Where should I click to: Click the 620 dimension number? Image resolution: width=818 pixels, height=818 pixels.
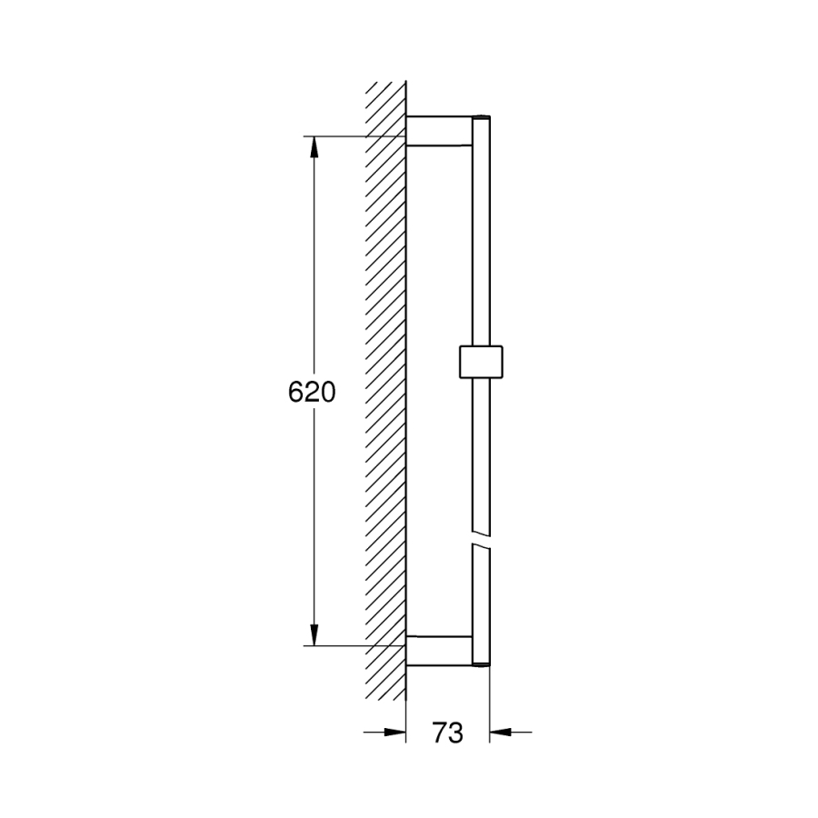(x=312, y=392)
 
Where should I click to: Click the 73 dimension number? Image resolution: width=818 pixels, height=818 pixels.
(x=447, y=733)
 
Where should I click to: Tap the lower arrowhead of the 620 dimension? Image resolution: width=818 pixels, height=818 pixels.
(x=314, y=635)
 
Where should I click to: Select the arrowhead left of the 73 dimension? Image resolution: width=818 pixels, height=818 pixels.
(x=395, y=732)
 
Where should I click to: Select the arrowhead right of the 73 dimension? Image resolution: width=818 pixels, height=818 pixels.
(x=500, y=732)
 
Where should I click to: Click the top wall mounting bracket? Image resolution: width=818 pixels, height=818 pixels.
(x=439, y=130)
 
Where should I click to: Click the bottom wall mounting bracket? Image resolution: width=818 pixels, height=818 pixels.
(x=439, y=651)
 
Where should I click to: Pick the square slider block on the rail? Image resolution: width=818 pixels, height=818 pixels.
(x=481, y=361)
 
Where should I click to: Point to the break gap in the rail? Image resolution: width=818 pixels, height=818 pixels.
(x=481, y=540)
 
